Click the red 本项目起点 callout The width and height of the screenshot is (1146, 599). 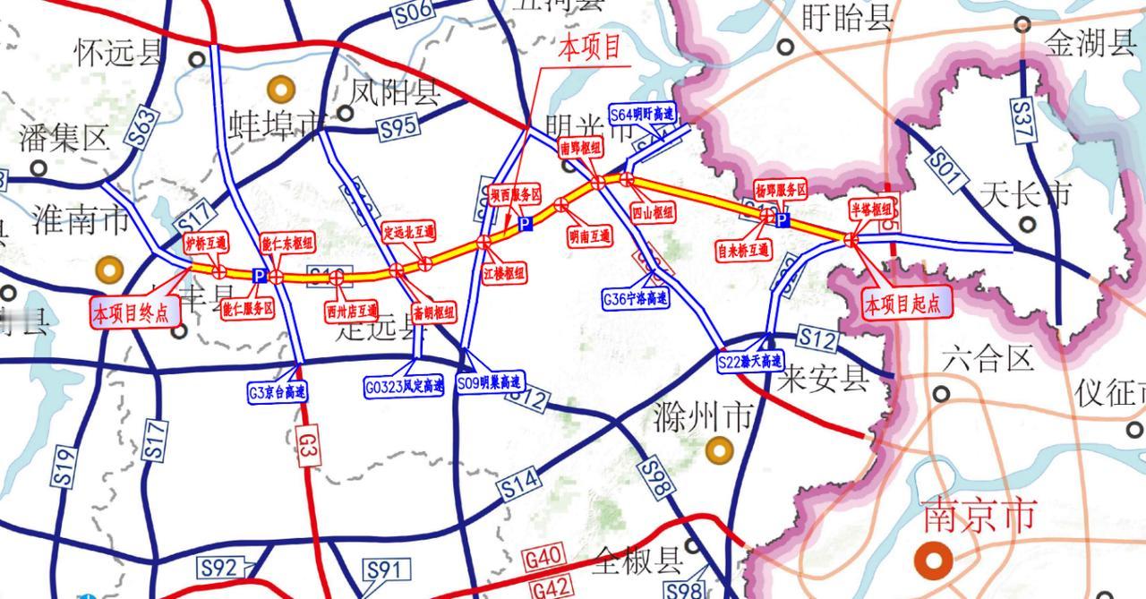click(x=902, y=304)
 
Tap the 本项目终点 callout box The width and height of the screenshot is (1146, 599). click(x=134, y=312)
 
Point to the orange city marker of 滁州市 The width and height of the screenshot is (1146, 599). click(x=719, y=450)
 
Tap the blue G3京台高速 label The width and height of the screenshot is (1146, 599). click(x=277, y=391)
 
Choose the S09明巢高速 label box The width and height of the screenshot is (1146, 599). click(x=489, y=383)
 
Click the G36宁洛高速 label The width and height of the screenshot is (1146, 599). click(x=636, y=299)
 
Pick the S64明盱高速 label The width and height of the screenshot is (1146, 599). click(x=642, y=115)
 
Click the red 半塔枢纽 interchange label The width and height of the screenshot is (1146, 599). click(x=872, y=209)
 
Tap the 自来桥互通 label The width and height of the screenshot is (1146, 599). click(x=743, y=250)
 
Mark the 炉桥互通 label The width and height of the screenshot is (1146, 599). click(x=206, y=242)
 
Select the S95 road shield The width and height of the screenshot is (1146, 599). click(x=398, y=127)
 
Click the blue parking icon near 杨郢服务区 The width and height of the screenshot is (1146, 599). click(x=782, y=219)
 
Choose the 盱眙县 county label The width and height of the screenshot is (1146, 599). click(x=846, y=17)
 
